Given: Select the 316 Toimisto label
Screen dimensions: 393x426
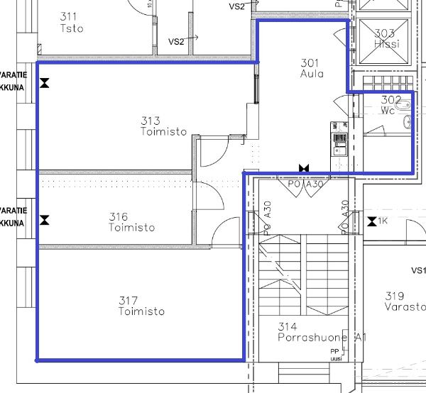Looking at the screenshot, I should pyautogui.click(x=131, y=222).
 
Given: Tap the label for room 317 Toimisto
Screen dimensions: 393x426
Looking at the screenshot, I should pyautogui.click(x=141, y=306).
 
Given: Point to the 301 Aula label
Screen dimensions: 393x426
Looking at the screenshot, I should pyautogui.click(x=312, y=67).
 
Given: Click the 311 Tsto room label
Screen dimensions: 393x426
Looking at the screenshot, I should pyautogui.click(x=72, y=23).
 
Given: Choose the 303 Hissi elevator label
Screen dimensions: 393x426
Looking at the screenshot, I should pyautogui.click(x=386, y=38).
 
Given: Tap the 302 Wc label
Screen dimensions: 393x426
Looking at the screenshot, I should pyautogui.click(x=390, y=105).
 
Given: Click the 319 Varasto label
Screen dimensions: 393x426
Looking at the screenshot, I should pyautogui.click(x=405, y=301).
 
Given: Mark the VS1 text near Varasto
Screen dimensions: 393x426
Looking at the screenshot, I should pyautogui.click(x=417, y=271).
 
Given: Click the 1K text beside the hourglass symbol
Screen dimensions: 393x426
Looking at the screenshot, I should pyautogui.click(x=383, y=222).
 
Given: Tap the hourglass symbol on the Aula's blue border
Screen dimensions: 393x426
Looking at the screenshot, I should pyautogui.click(x=305, y=168).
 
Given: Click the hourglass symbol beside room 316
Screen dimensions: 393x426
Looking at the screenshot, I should pyautogui.click(x=45, y=220).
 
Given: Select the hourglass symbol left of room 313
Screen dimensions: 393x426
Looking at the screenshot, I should pyautogui.click(x=45, y=83).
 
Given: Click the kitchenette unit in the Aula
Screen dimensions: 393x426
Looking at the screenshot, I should pyautogui.click(x=338, y=140).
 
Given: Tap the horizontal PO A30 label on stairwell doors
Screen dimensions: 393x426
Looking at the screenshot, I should pyautogui.click(x=306, y=184).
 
